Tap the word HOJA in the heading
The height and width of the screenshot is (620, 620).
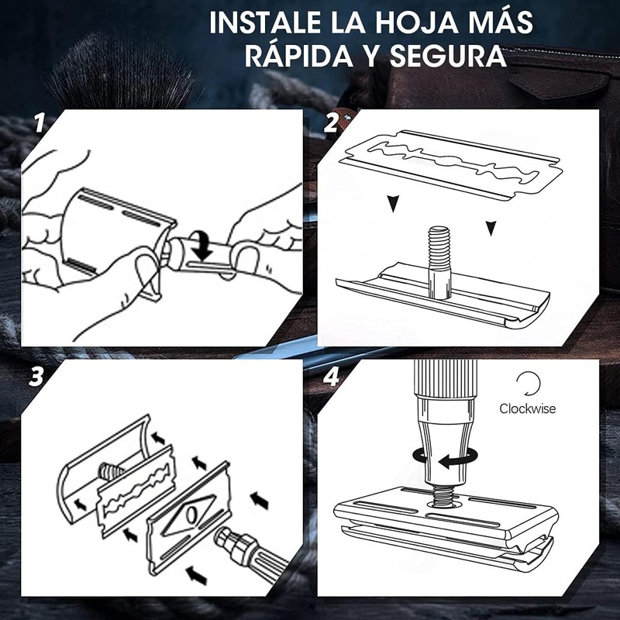[414, 22]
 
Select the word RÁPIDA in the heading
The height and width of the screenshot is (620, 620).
[299, 56]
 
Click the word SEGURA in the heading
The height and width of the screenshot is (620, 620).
[448, 56]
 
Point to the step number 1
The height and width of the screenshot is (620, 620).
[40, 123]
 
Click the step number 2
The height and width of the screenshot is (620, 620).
[331, 123]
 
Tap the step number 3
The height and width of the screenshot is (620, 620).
[36, 377]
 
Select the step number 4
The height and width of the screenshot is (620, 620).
[332, 377]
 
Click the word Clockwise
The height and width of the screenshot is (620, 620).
[527, 408]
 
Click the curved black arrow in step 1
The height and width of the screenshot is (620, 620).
[203, 245]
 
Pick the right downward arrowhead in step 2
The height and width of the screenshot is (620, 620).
[491, 229]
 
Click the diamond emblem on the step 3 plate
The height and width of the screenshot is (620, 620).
[190, 514]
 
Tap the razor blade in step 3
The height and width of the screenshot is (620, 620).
[137, 491]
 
